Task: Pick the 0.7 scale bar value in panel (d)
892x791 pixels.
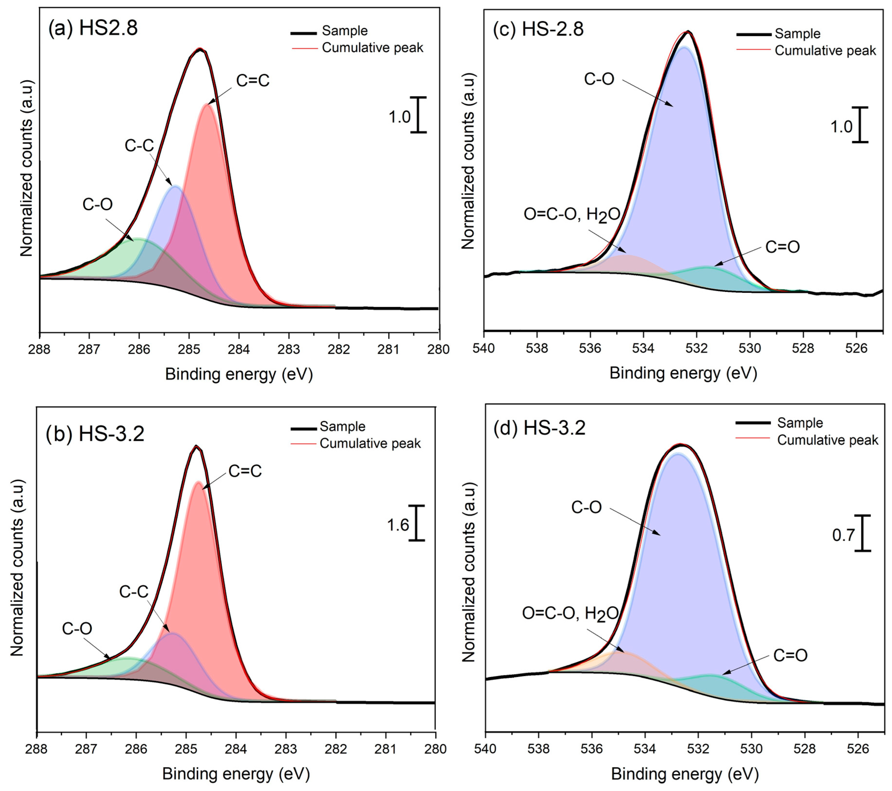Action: pyautogui.click(x=843, y=535)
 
